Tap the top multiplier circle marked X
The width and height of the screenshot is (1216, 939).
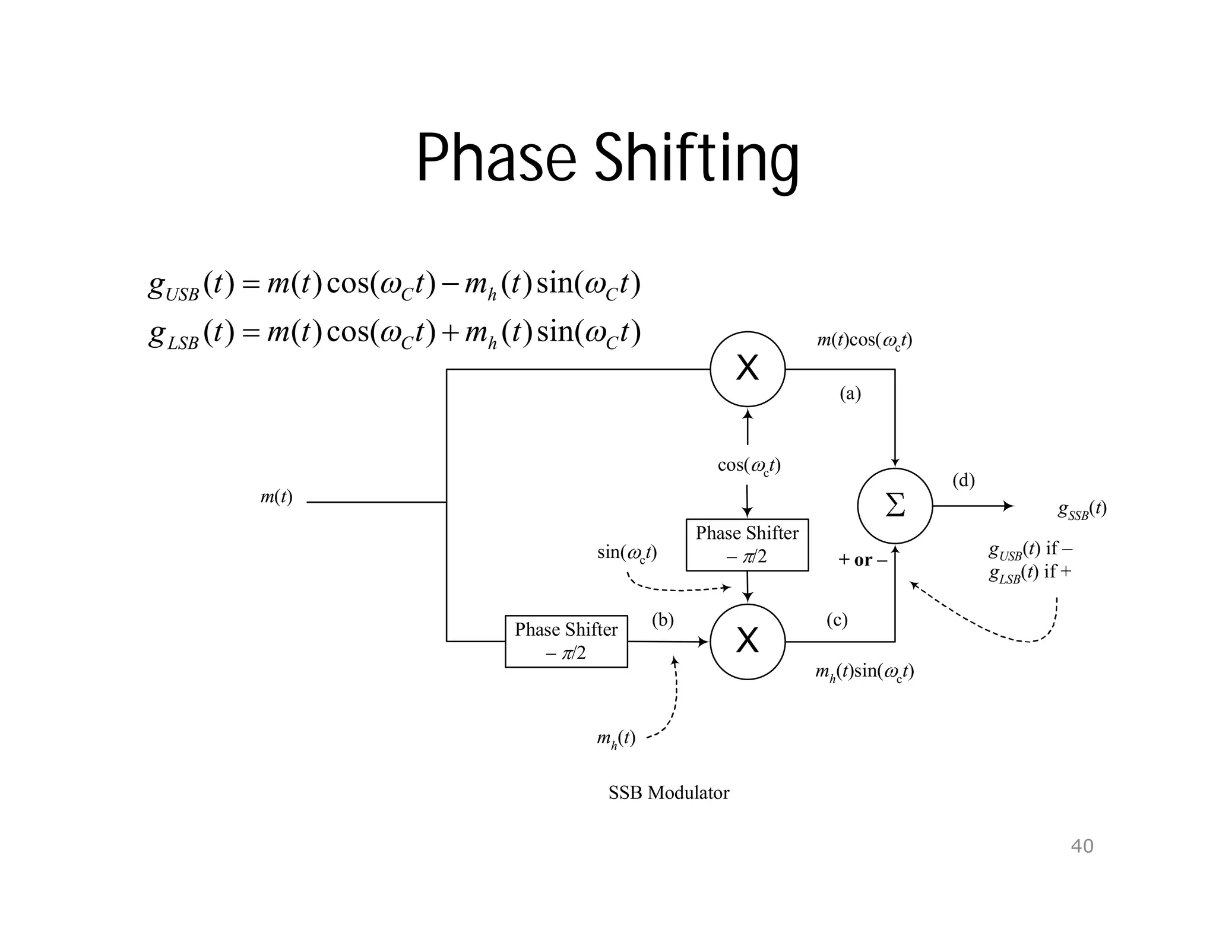748,369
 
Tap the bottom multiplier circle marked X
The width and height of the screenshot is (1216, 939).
748,642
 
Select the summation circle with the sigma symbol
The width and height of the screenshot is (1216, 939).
895,506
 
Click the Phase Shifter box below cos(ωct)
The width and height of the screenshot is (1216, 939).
747,545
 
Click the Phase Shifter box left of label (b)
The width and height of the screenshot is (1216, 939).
566,642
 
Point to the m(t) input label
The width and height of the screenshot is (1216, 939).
276,497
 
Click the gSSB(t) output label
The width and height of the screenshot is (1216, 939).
1082,509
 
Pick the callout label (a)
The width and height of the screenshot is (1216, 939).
850,394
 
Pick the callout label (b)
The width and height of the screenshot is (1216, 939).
663,620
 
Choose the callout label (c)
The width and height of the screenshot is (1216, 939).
837,620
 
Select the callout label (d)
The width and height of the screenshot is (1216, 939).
963,480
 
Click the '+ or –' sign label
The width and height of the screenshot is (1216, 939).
863,560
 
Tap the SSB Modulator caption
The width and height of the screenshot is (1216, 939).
669,793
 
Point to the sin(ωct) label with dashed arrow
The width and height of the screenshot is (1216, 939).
626,553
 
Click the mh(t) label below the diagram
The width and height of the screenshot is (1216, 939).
616,740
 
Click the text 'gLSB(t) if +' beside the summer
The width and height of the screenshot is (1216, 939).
1030,573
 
